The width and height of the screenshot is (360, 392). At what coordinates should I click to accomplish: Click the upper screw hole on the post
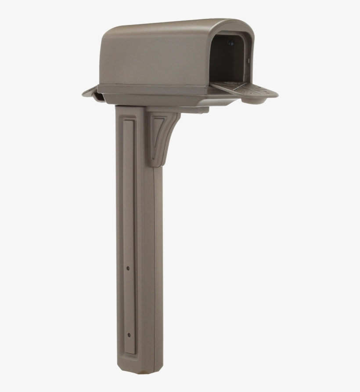(128, 267)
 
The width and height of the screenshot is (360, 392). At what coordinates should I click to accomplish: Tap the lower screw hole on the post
(129, 335)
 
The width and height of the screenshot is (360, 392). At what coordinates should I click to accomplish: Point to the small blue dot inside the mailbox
(231, 43)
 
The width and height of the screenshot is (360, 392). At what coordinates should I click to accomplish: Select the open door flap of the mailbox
(246, 90)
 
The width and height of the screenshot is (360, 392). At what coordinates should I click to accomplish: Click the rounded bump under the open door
(255, 101)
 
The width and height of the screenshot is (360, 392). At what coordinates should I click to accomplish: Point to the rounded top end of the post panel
(128, 121)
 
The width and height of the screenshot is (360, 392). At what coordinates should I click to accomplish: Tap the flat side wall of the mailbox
(154, 62)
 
